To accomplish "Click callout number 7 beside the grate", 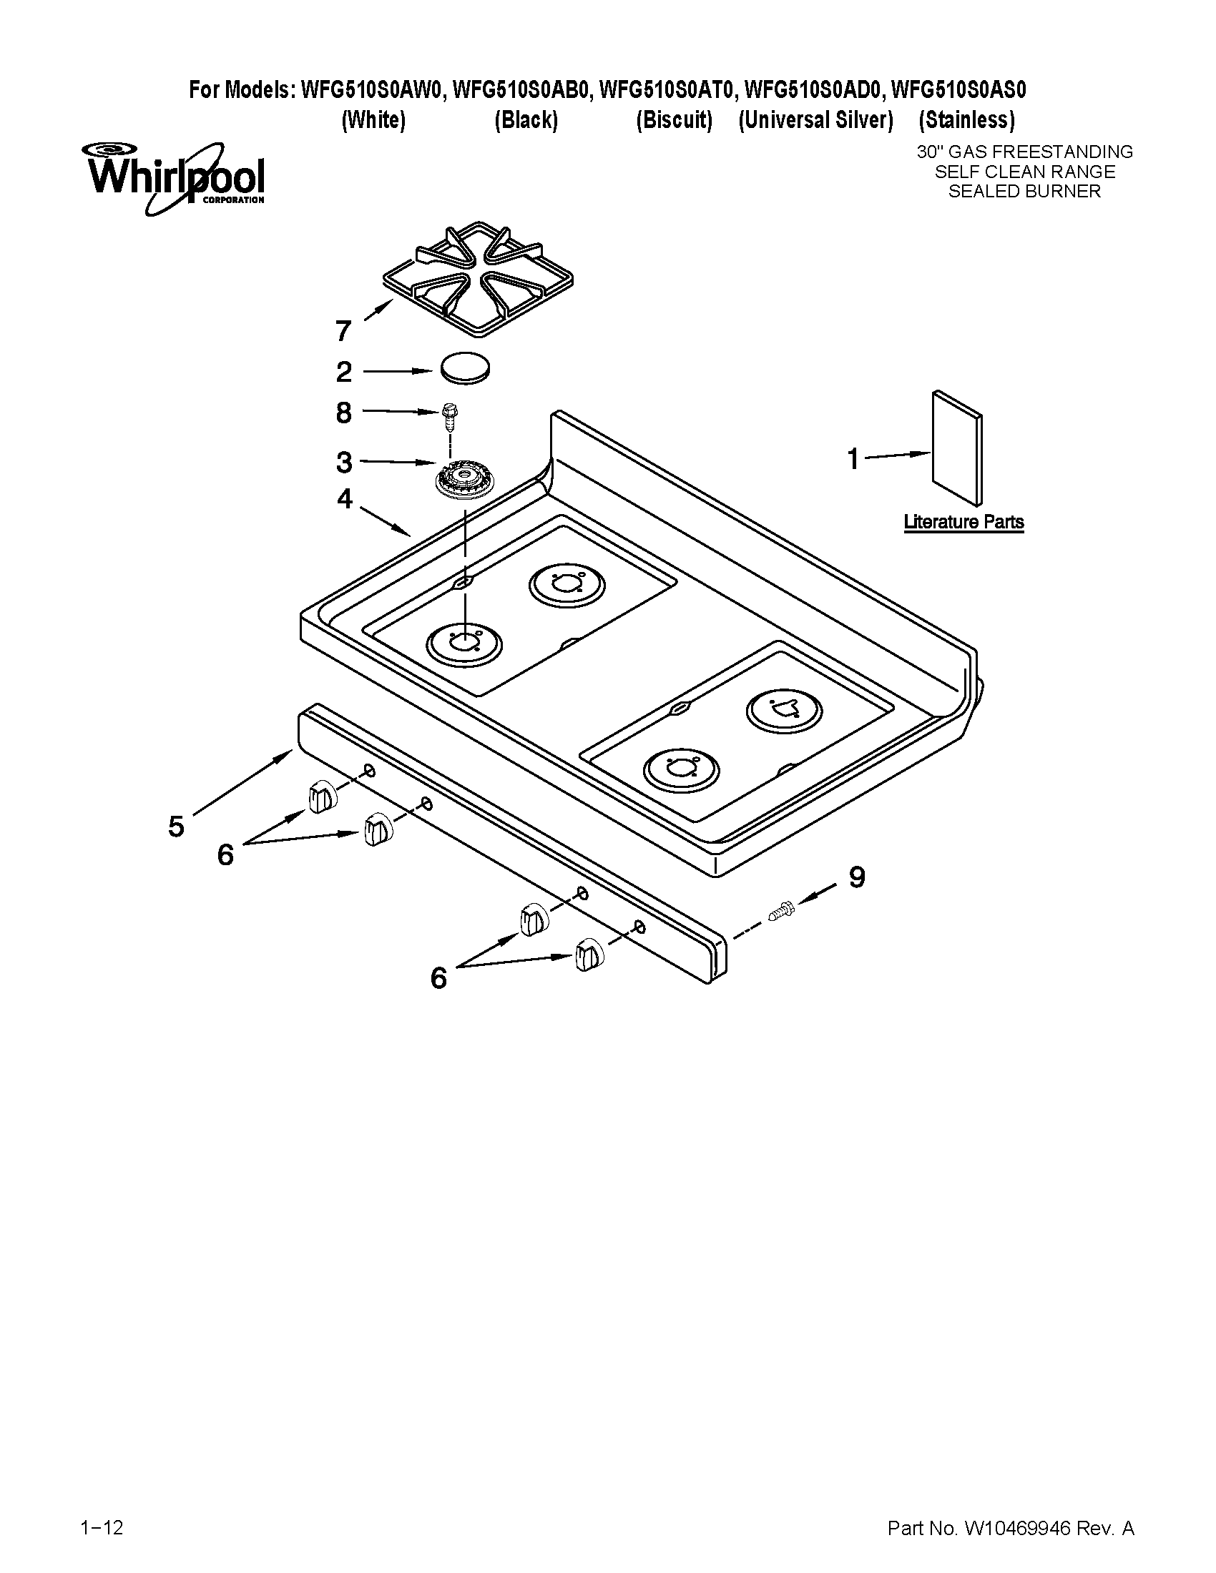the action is coord(343,331).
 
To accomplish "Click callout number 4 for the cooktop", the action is coord(345,498).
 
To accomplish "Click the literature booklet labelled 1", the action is coord(956,448).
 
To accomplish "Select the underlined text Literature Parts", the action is coord(964,522).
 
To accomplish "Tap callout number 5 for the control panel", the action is coord(176,826).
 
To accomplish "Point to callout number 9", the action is coord(856,877).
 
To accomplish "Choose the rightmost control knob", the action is coord(589,955).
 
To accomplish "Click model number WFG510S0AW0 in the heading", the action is coord(371,90).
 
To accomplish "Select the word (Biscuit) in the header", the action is coord(674,120).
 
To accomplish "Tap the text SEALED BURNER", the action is coord(1024,192).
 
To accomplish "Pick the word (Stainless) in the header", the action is coord(967,120).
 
